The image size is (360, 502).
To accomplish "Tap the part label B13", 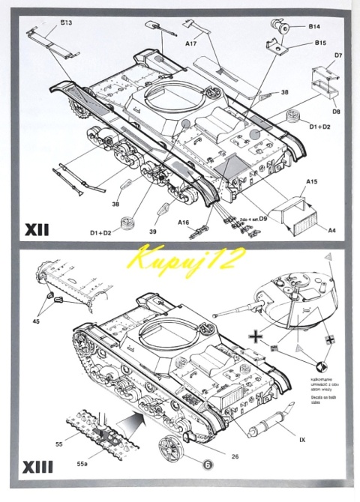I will click(66, 23).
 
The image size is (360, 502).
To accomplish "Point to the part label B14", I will click(313, 26).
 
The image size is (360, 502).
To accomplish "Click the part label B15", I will click(319, 43).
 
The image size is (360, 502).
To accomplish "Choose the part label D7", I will click(338, 55).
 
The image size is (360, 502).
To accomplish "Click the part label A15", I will click(312, 181).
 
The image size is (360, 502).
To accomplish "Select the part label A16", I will click(183, 222).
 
